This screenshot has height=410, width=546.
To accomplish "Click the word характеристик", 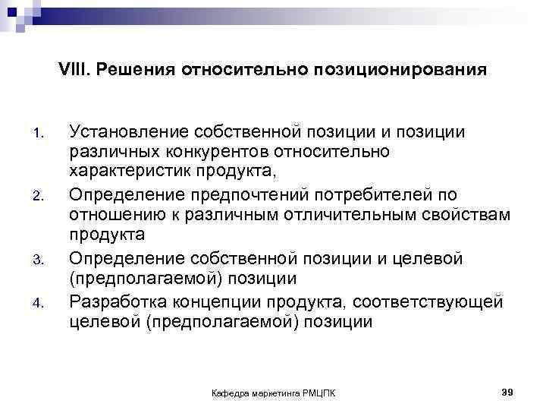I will tap(133, 172).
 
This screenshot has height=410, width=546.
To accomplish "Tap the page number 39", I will tap(508, 391).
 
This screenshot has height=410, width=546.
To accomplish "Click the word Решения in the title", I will tap(127, 70).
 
